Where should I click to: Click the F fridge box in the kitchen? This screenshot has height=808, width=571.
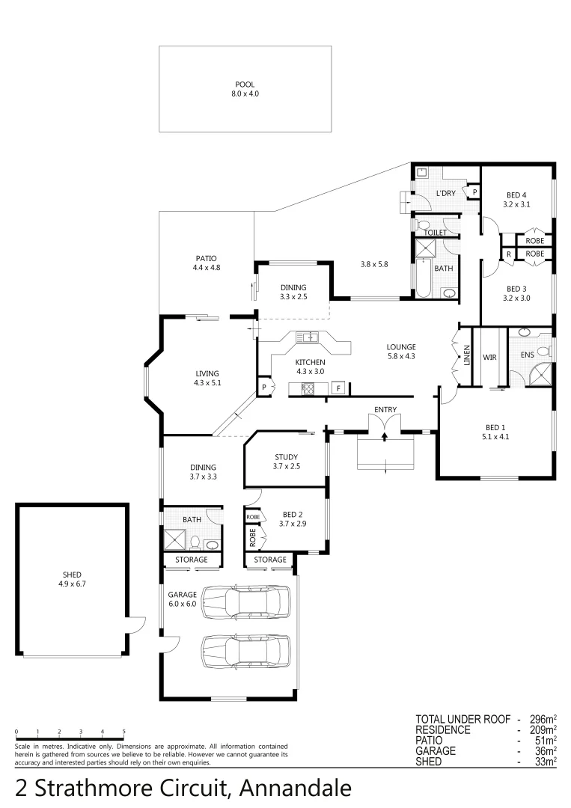(x=338, y=388)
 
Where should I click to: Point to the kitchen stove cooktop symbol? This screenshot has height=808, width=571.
(x=307, y=388)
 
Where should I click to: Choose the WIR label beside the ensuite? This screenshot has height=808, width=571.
(x=490, y=358)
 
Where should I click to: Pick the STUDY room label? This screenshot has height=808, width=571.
(x=286, y=457)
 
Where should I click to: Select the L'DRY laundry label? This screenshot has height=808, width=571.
(x=445, y=194)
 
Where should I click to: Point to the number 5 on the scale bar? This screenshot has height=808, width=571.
(x=123, y=731)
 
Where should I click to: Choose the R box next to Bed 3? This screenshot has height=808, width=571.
(x=508, y=254)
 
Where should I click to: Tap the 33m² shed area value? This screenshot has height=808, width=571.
(x=546, y=762)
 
